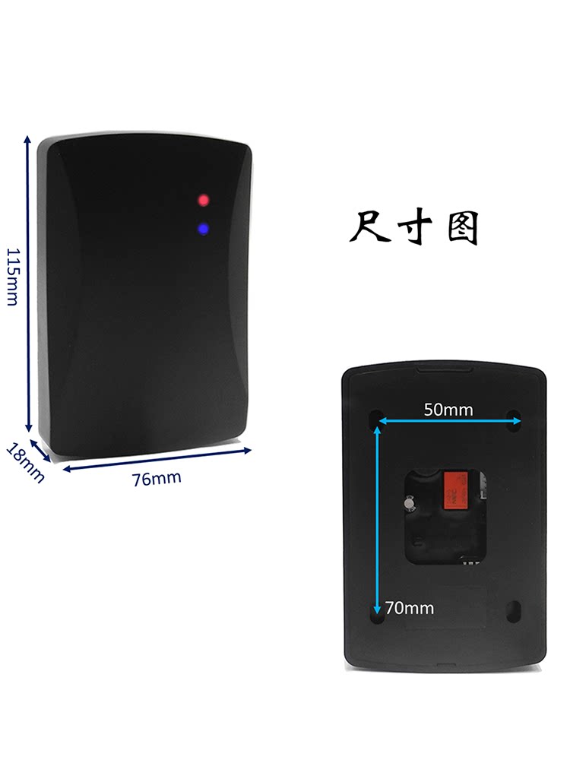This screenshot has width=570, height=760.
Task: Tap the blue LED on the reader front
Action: [x=204, y=228]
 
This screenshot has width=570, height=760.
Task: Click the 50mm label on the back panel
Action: [x=448, y=410]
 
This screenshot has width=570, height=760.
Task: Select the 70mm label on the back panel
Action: [x=410, y=608]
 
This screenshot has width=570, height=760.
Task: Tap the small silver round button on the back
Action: [x=410, y=502]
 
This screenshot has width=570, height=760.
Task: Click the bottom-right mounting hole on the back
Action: [x=514, y=610]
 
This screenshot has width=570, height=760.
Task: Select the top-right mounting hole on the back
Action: [x=515, y=417]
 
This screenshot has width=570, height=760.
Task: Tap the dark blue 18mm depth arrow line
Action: [x=40, y=449]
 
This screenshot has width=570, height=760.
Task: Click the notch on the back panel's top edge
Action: [x=445, y=371]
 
